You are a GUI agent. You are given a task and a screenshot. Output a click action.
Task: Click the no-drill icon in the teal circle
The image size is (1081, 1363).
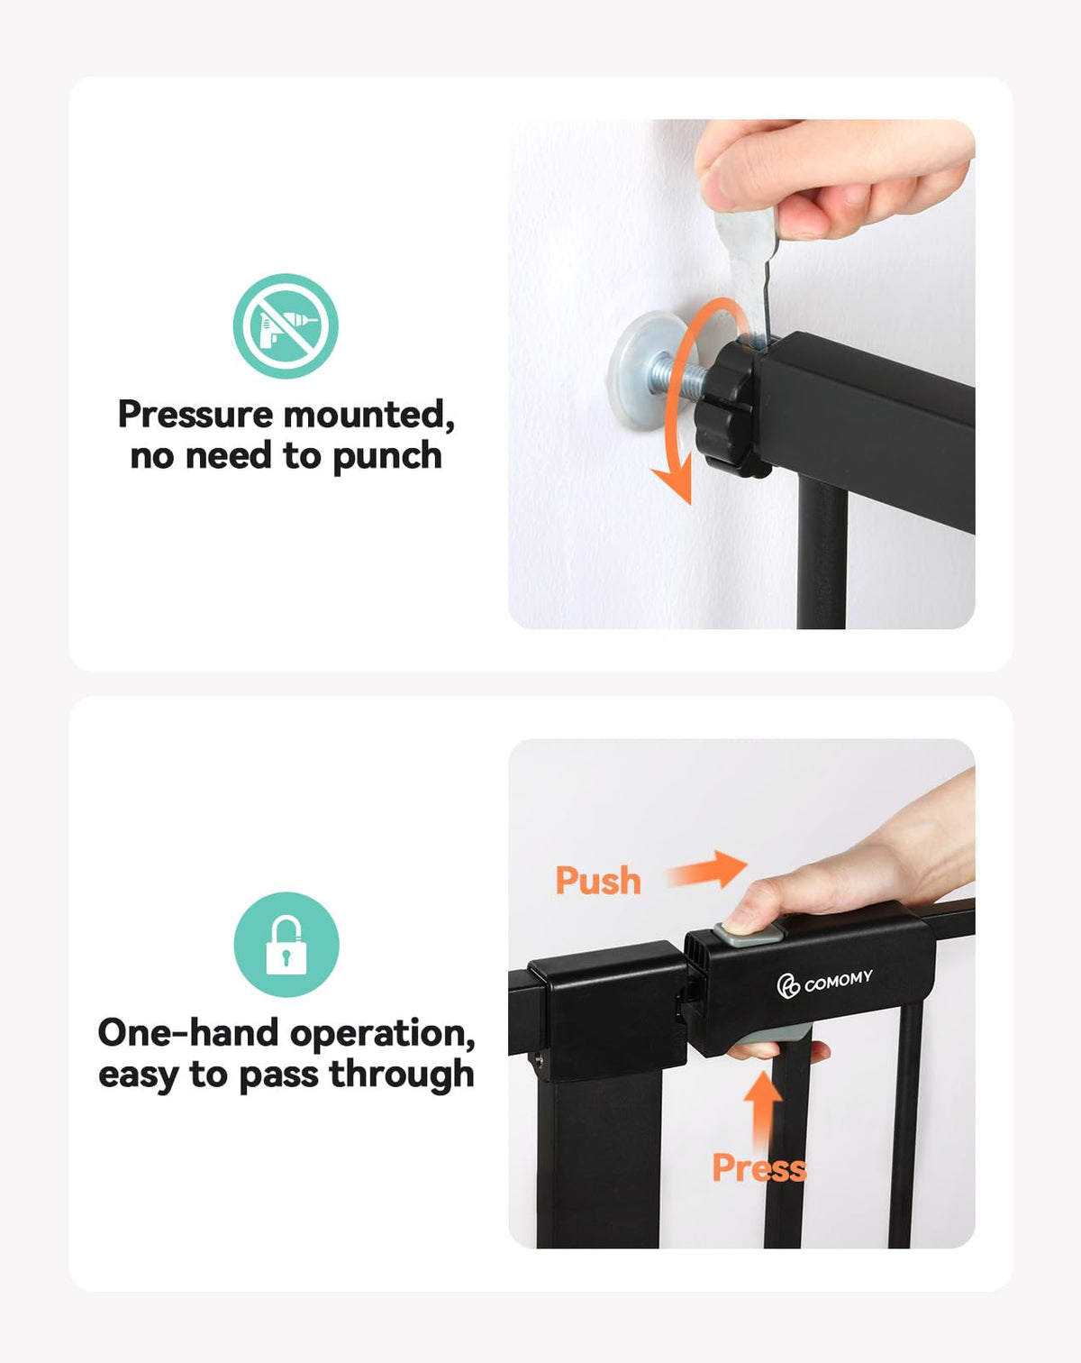pos(286,326)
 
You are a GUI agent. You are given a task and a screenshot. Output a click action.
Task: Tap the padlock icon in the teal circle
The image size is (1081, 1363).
pos(286,945)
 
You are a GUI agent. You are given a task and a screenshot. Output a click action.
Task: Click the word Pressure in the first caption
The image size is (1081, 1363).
pos(195,415)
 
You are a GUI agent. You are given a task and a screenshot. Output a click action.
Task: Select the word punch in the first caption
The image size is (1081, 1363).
pos(386,457)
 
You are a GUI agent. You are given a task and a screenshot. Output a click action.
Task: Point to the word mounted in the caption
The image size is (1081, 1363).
pos(369,416)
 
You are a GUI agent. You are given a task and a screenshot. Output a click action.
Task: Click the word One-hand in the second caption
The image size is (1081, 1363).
pos(188,1033)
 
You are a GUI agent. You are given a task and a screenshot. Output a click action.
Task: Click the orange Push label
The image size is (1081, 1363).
pos(598,881)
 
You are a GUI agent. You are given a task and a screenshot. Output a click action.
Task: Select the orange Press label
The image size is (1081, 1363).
pos(759,1168)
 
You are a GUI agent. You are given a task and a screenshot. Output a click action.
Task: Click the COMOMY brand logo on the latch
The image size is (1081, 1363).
pos(824,983)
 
